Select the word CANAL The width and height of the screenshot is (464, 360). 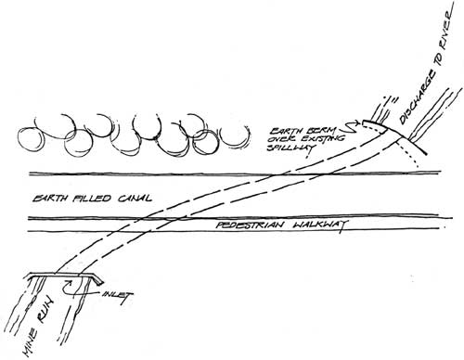(135, 198)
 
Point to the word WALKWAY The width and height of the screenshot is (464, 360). (319, 225)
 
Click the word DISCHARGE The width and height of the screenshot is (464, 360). (419, 96)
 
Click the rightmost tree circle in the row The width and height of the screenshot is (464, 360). (234, 136)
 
